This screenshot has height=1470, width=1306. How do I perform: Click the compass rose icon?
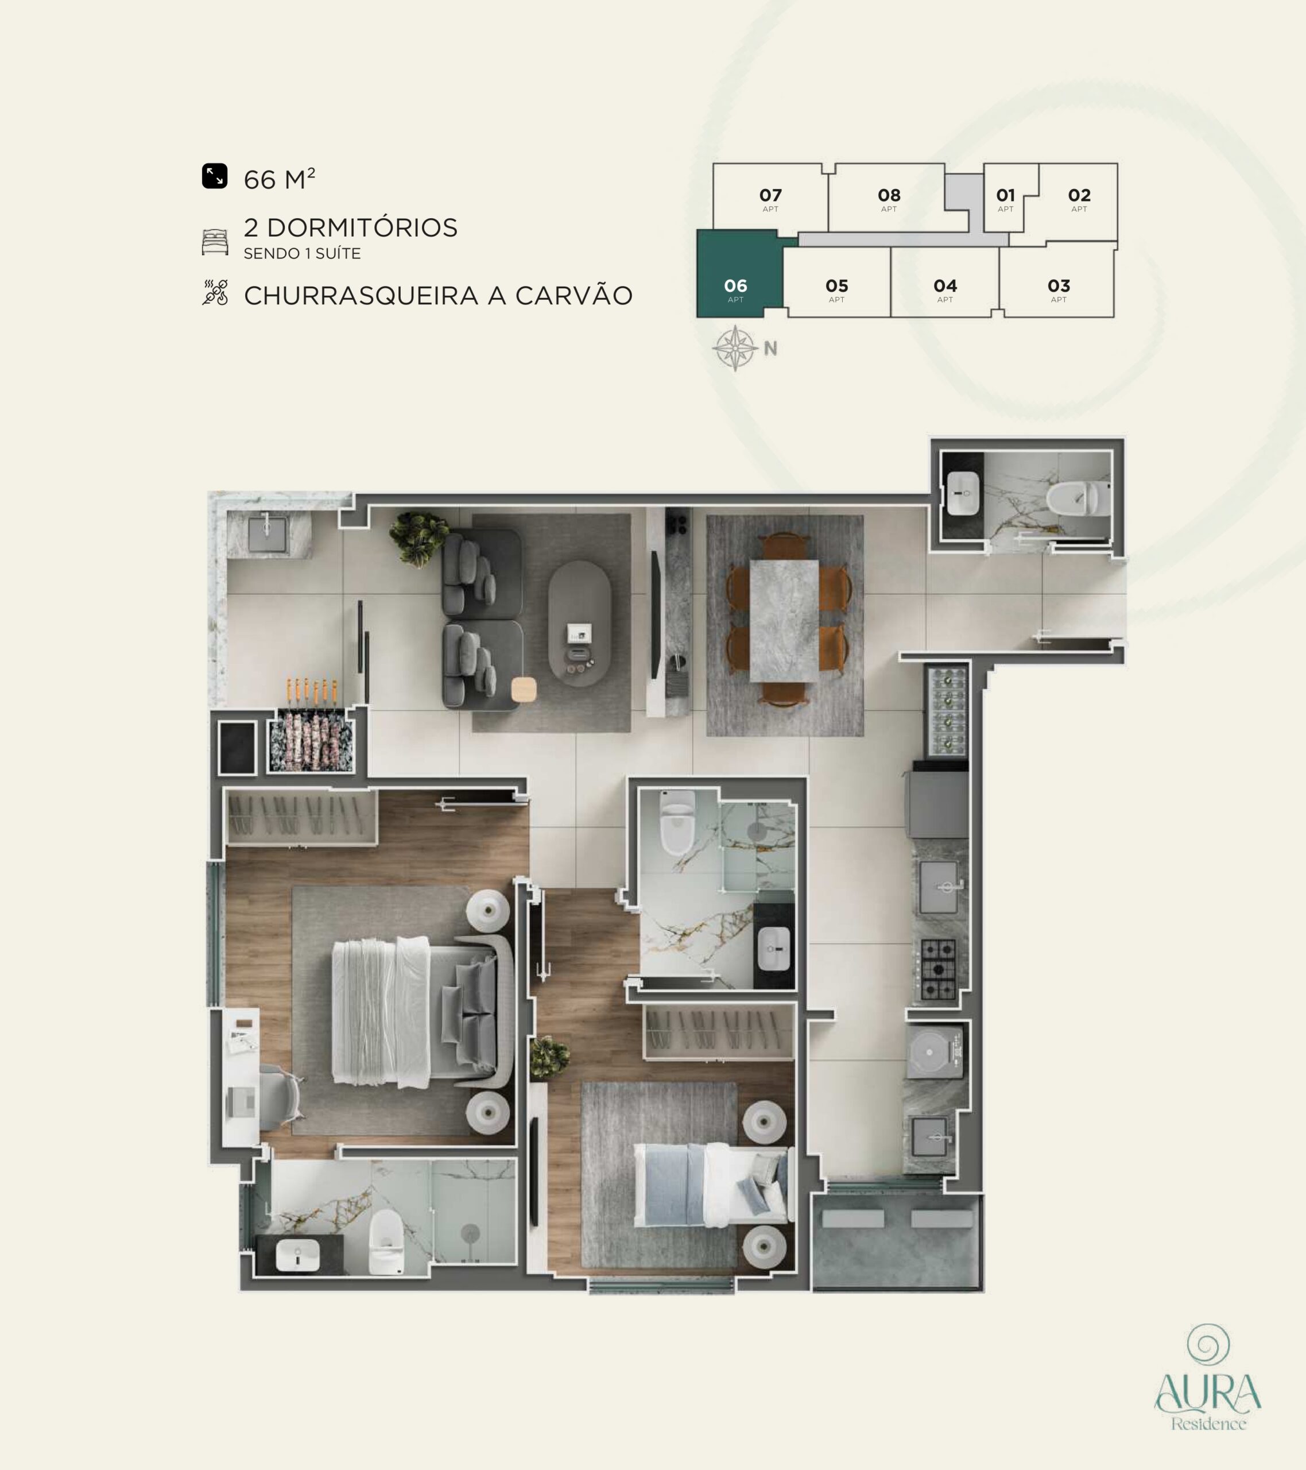735,348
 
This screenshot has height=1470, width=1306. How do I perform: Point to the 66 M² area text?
279,179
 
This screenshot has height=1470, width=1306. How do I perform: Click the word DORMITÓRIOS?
362,228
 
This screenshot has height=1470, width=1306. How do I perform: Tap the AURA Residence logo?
1207,1376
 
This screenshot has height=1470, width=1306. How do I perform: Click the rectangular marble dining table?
784,620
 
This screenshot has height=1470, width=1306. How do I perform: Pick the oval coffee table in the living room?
580,624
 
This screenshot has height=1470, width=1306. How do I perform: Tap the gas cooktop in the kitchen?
939,969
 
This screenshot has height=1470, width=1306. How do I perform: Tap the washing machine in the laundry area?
934,1052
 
